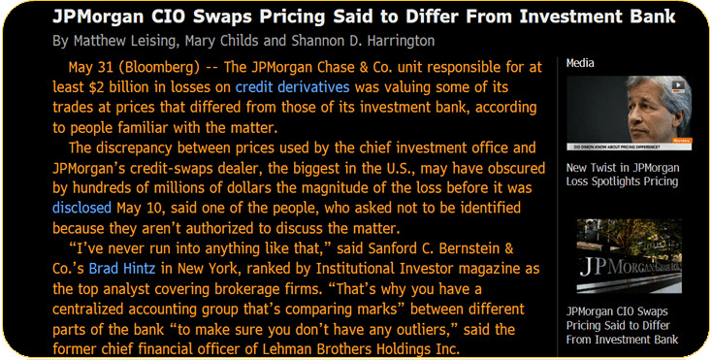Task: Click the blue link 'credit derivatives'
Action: pyautogui.click(x=292, y=87)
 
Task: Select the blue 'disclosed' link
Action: pyautogui.click(x=81, y=208)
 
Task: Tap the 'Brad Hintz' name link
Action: pyautogui.click(x=122, y=268)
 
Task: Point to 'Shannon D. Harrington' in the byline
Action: pyautogui.click(x=362, y=41)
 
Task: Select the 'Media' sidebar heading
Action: pyautogui.click(x=580, y=63)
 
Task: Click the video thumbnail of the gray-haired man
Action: pyautogui.click(x=629, y=113)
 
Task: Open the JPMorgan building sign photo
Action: pyautogui.click(x=629, y=256)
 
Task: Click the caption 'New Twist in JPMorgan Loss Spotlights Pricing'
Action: pyautogui.click(x=623, y=175)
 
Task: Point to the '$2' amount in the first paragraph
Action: pyautogui.click(x=96, y=87)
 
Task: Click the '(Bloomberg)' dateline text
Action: pyautogui.click(x=159, y=67)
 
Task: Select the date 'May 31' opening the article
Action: pyautogui.click(x=91, y=67)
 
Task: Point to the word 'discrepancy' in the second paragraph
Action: pyautogui.click(x=139, y=148)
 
